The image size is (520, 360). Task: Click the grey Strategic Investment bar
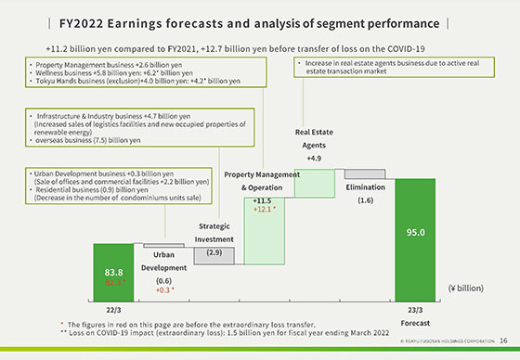[x=214, y=254]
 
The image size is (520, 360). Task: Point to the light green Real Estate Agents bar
[x=315, y=182]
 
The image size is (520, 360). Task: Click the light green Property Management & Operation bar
[x=265, y=223]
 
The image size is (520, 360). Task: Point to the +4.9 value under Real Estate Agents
[x=314, y=159]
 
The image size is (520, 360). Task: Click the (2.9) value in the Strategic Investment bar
[x=214, y=252]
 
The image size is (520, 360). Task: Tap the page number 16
[x=502, y=341]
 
